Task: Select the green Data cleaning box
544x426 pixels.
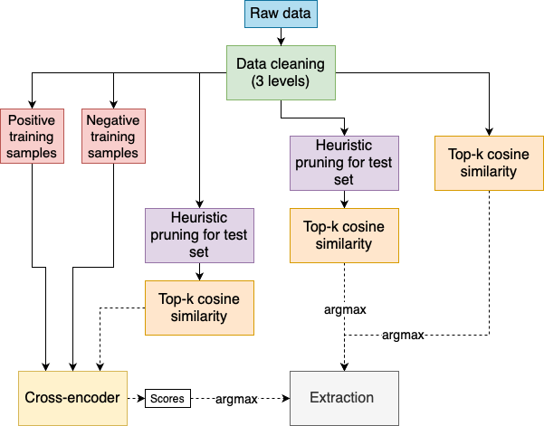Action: (x=281, y=73)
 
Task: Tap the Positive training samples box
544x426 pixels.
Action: (x=32, y=136)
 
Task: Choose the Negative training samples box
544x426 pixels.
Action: (x=113, y=136)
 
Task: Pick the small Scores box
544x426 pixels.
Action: (x=167, y=398)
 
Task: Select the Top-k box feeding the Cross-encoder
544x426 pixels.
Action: (x=200, y=307)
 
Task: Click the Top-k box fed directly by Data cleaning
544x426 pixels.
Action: (x=489, y=163)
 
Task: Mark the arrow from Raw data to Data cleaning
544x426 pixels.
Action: (x=281, y=37)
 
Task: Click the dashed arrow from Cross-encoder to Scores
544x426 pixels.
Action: (x=136, y=398)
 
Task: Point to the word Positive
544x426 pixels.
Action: (x=32, y=118)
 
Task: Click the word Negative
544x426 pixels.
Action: (x=113, y=118)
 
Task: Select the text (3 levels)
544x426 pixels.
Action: (x=281, y=82)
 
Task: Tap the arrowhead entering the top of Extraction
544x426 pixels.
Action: (x=344, y=366)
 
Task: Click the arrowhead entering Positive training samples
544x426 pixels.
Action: (x=32, y=104)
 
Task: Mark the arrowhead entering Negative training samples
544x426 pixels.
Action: (x=113, y=104)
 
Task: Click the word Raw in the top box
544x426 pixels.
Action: (x=263, y=14)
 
